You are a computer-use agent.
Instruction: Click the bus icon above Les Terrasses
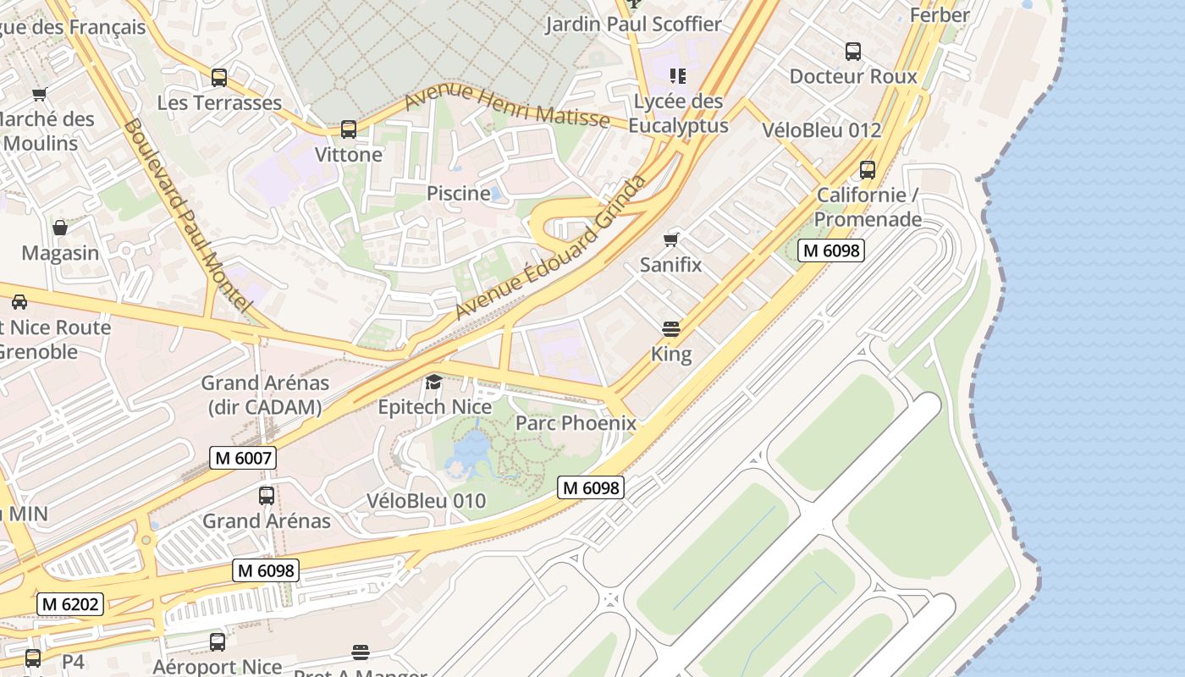(x=219, y=78)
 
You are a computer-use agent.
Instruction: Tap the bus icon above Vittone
(x=349, y=129)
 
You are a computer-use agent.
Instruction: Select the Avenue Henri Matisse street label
(x=506, y=107)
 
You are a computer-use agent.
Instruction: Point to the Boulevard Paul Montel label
(x=188, y=216)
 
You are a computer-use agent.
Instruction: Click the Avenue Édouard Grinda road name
(x=551, y=247)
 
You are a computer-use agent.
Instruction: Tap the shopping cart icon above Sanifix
(x=671, y=239)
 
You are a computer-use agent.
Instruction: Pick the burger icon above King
(x=671, y=328)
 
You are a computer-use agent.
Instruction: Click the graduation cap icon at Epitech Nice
(x=433, y=382)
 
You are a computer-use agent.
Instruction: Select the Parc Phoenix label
(x=576, y=423)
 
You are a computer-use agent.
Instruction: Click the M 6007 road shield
(x=243, y=459)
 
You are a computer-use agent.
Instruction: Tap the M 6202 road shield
(x=70, y=604)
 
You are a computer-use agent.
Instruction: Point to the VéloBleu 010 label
(x=427, y=501)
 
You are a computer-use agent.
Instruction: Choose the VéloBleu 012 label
(x=822, y=130)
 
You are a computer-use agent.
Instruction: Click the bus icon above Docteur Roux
(x=853, y=52)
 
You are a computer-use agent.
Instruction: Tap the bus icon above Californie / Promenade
(x=868, y=170)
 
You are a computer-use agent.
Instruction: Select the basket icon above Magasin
(x=60, y=228)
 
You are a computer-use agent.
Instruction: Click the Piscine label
(x=458, y=193)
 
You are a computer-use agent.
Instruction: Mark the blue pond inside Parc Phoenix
(x=470, y=453)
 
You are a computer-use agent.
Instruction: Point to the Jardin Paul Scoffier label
(x=633, y=24)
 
